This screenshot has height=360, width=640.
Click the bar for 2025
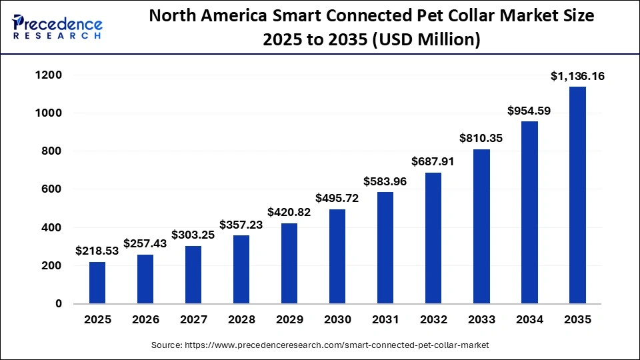point(97,283)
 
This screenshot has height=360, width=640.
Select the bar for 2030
point(337,257)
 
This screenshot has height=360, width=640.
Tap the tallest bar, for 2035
point(577,195)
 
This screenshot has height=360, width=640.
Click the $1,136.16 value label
point(577,77)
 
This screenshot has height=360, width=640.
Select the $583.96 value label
point(385,181)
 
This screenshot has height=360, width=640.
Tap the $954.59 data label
point(529,111)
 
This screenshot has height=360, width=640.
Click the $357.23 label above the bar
point(241,225)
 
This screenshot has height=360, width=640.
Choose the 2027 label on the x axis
point(193,320)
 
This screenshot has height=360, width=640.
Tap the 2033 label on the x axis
point(481,320)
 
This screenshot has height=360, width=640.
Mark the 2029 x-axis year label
point(289,320)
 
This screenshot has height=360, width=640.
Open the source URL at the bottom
point(319,345)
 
